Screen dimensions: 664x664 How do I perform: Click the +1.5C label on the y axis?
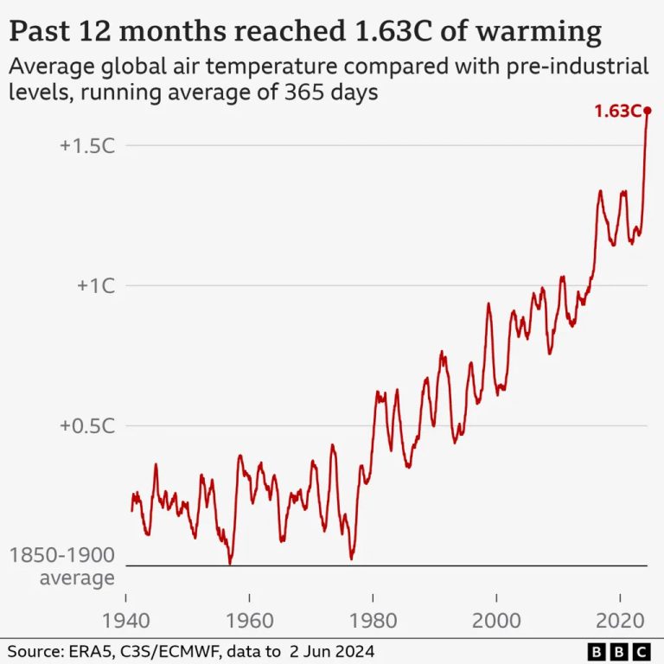click(87, 145)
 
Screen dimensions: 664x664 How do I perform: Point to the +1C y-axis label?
click(95, 285)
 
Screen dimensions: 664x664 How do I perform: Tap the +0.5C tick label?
click(87, 425)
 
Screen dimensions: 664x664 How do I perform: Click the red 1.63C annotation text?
click(616, 111)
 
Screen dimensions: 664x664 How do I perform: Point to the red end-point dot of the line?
click(648, 111)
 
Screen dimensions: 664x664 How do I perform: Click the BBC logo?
click(619, 650)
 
